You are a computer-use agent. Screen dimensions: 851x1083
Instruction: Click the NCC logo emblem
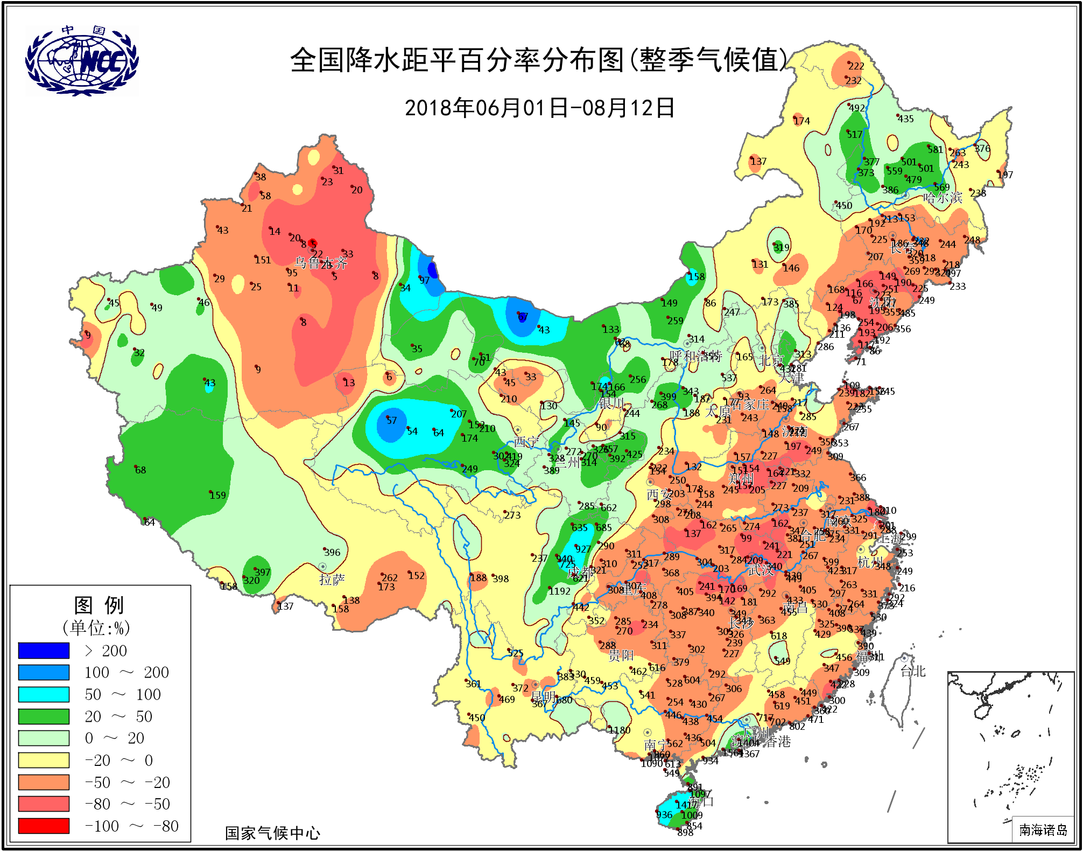[82, 61]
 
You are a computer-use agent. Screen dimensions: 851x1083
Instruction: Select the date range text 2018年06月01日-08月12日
[539, 108]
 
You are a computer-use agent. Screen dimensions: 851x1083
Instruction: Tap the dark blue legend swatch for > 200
[44, 651]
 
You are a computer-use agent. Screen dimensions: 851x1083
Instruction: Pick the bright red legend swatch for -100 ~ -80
[44, 826]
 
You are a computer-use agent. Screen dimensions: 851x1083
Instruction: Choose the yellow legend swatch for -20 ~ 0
[44, 760]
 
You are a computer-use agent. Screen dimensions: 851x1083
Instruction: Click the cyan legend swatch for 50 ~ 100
[44, 694]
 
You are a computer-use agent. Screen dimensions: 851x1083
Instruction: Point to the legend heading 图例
[99, 605]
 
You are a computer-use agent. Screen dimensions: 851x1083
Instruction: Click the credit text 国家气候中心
[272, 833]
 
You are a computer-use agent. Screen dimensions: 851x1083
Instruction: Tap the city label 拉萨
[332, 580]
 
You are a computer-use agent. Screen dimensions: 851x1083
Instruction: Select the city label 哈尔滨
[943, 198]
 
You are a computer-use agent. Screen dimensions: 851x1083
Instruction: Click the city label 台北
[913, 671]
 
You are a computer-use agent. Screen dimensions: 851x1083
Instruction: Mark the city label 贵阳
[621, 655]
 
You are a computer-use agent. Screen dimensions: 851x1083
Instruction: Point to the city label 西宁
[526, 442]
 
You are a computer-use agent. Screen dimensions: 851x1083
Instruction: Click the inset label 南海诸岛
[1043, 830]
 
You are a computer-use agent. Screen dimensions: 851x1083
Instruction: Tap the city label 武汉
[760, 570]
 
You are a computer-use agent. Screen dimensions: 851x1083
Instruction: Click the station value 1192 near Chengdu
[559, 591]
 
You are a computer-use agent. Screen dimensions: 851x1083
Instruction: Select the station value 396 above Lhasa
[332, 553]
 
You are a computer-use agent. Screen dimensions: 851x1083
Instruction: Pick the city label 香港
[778, 742]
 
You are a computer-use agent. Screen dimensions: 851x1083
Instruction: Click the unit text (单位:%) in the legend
[96, 628]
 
